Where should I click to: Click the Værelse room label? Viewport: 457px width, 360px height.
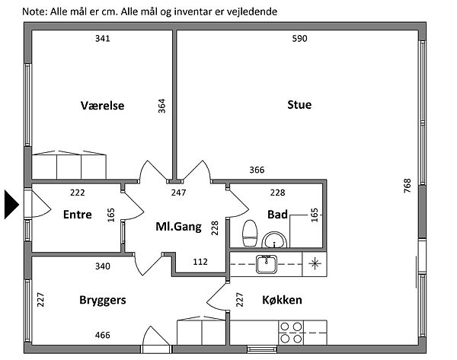[x=102, y=105]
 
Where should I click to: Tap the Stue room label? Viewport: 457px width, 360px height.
[x=299, y=105]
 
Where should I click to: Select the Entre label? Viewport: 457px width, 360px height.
[x=77, y=215]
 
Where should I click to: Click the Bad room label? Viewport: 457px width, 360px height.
[x=276, y=215]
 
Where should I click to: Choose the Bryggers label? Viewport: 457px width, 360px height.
[x=103, y=300]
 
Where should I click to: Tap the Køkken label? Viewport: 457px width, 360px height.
[x=282, y=300]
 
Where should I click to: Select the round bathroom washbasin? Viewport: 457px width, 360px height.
[x=273, y=241]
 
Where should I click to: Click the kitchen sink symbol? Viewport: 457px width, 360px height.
[x=266, y=264]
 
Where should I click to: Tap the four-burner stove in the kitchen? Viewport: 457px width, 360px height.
[x=290, y=334]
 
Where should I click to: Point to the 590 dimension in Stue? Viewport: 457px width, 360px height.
[x=299, y=39]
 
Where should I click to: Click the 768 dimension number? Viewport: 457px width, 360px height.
[x=407, y=187]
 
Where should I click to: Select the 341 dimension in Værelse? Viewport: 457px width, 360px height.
[x=103, y=39]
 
